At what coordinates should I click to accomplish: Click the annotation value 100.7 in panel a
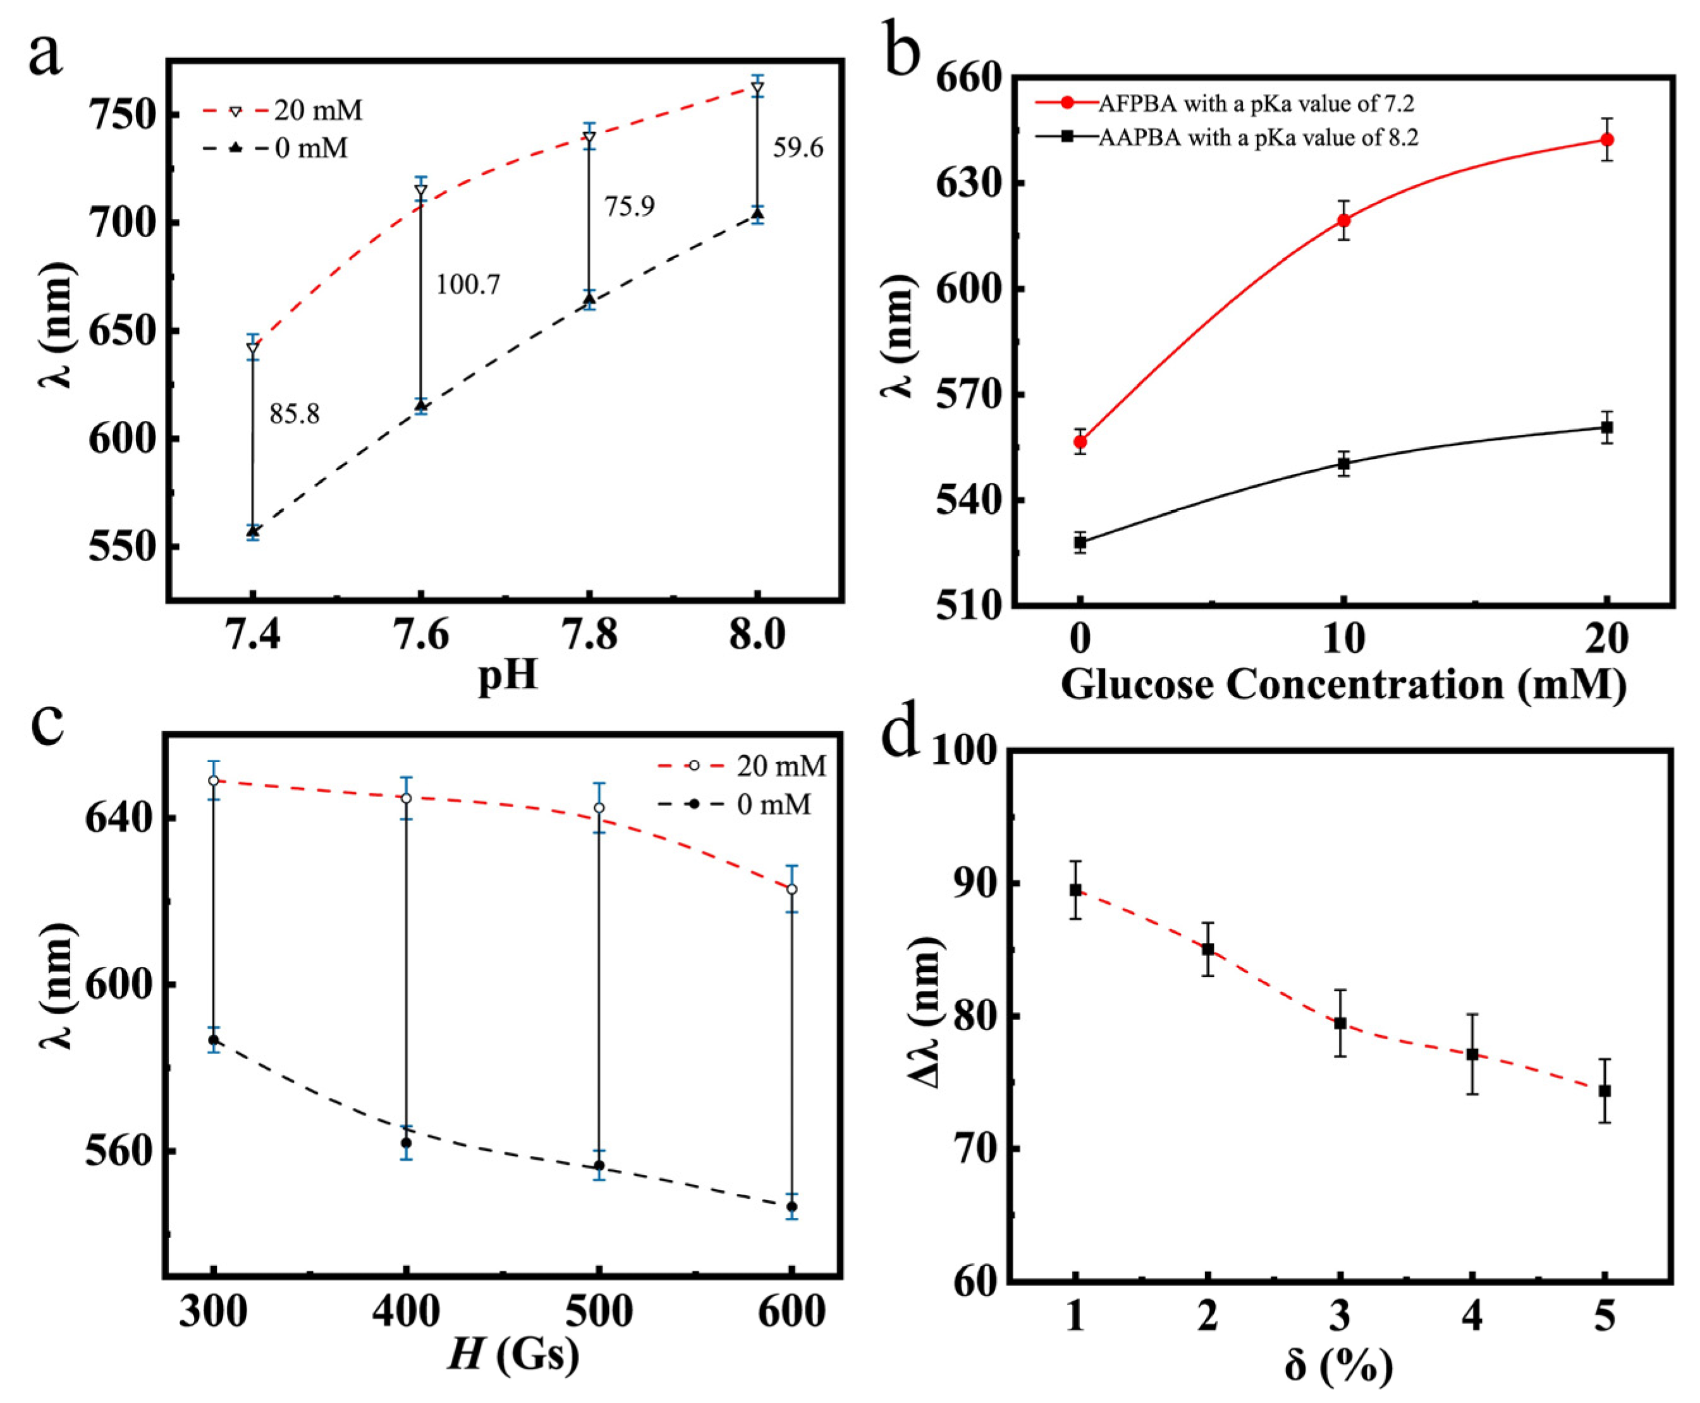[468, 284]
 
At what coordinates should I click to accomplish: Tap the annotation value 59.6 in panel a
[798, 148]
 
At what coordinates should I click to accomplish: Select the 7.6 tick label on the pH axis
[420, 635]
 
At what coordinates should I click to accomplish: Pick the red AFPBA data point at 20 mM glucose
[1607, 140]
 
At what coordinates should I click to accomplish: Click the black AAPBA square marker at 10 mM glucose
[1343, 463]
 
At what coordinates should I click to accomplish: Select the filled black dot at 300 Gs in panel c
[214, 1040]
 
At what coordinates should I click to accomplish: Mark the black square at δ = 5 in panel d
[1605, 1091]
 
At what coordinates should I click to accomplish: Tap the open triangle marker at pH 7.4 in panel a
[253, 348]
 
